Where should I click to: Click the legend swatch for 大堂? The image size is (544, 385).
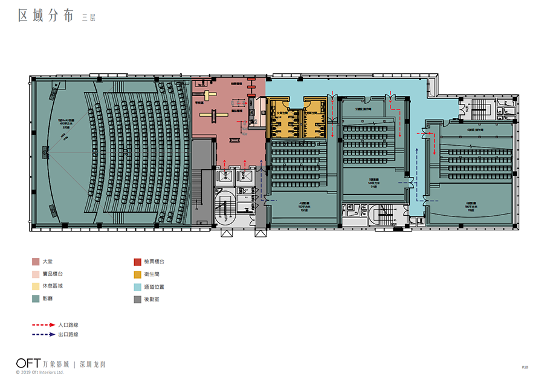[36, 262]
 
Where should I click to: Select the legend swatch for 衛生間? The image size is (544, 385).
[138, 274]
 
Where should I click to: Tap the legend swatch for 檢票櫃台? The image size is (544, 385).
[138, 262]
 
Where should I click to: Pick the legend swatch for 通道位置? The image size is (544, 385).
[138, 286]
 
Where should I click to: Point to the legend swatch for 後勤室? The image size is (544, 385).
[138, 299]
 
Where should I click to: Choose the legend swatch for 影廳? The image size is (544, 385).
[36, 299]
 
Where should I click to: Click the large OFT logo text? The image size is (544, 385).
[28, 363]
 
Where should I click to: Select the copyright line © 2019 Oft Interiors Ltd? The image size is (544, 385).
[40, 372]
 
